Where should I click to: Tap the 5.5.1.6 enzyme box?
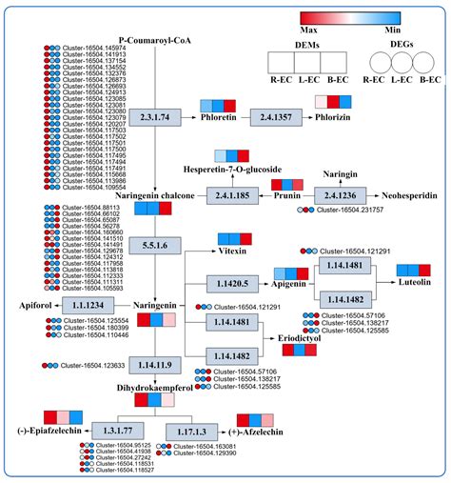[155, 245]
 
